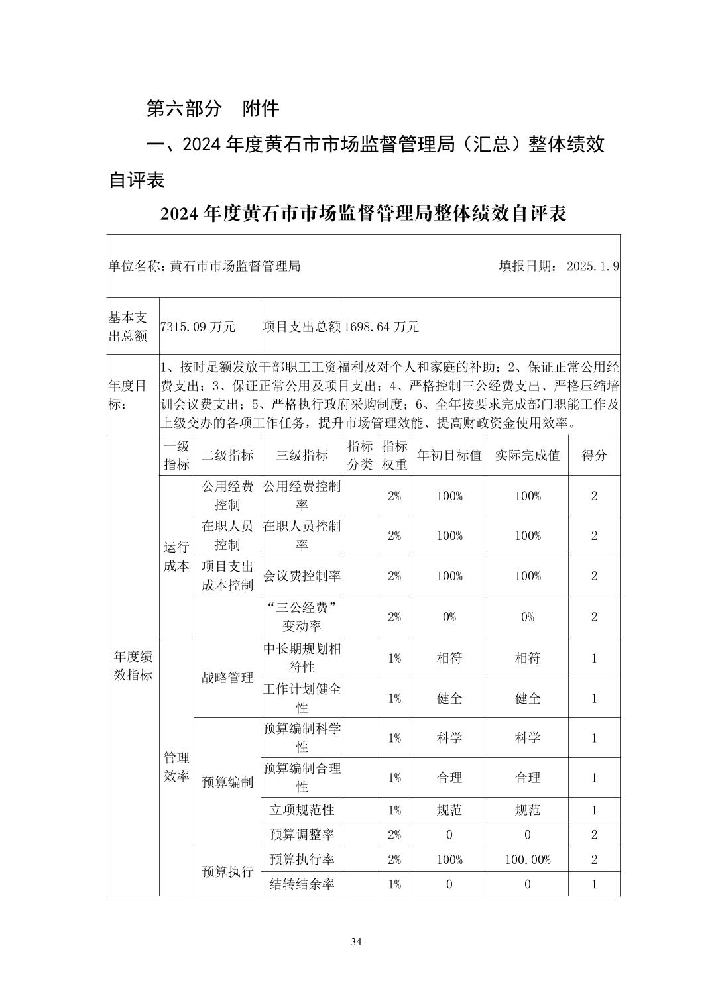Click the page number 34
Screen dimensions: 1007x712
(x=356, y=942)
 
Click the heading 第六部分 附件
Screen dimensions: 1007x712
(x=212, y=109)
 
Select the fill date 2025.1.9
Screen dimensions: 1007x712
(x=593, y=266)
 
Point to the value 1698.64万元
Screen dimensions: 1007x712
(x=382, y=327)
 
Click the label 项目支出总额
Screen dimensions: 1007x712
(x=302, y=327)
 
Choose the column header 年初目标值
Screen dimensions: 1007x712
(x=449, y=455)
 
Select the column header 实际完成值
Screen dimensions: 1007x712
(x=527, y=455)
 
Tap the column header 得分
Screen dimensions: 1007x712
(x=593, y=455)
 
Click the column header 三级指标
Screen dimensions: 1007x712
(x=302, y=455)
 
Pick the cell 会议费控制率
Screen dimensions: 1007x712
(x=302, y=576)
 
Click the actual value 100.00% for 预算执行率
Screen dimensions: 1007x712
(x=527, y=859)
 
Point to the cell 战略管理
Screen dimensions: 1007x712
(x=227, y=677)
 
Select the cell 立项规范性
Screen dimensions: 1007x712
(x=302, y=810)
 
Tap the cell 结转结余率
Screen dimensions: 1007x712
(x=302, y=884)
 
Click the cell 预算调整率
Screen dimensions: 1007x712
(x=302, y=835)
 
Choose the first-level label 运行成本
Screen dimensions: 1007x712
(x=176, y=556)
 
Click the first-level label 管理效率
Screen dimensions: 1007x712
(x=176, y=767)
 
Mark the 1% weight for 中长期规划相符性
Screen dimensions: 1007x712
(x=394, y=658)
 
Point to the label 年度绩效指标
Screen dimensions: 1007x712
(x=133, y=665)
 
